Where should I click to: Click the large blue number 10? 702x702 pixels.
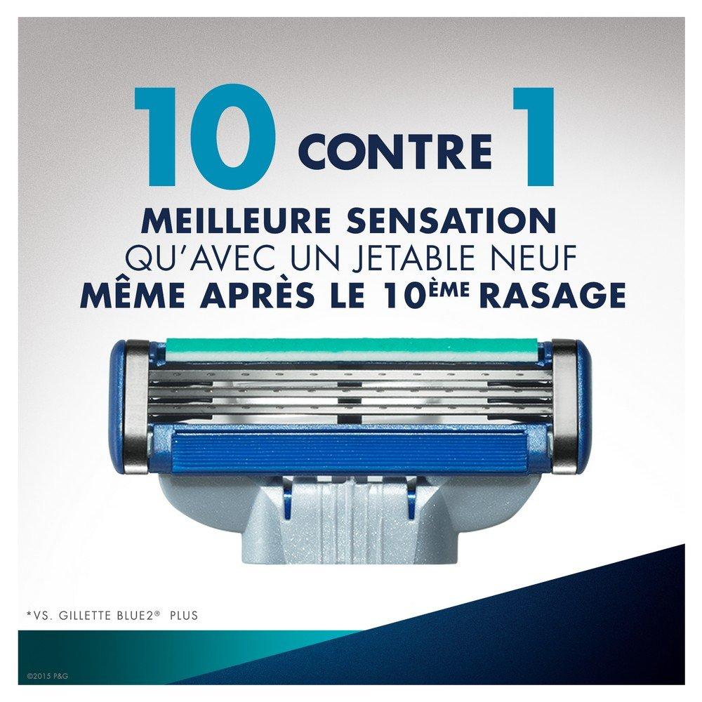[x=205, y=137]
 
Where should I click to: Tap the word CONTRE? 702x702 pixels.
[x=395, y=152]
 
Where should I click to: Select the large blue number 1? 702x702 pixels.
[x=535, y=137]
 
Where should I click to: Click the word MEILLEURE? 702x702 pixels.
[x=236, y=220]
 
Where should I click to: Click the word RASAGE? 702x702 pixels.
[x=552, y=295]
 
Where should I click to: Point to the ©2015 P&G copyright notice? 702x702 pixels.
[x=48, y=676]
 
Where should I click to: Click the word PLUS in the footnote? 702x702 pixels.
[x=184, y=615]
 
